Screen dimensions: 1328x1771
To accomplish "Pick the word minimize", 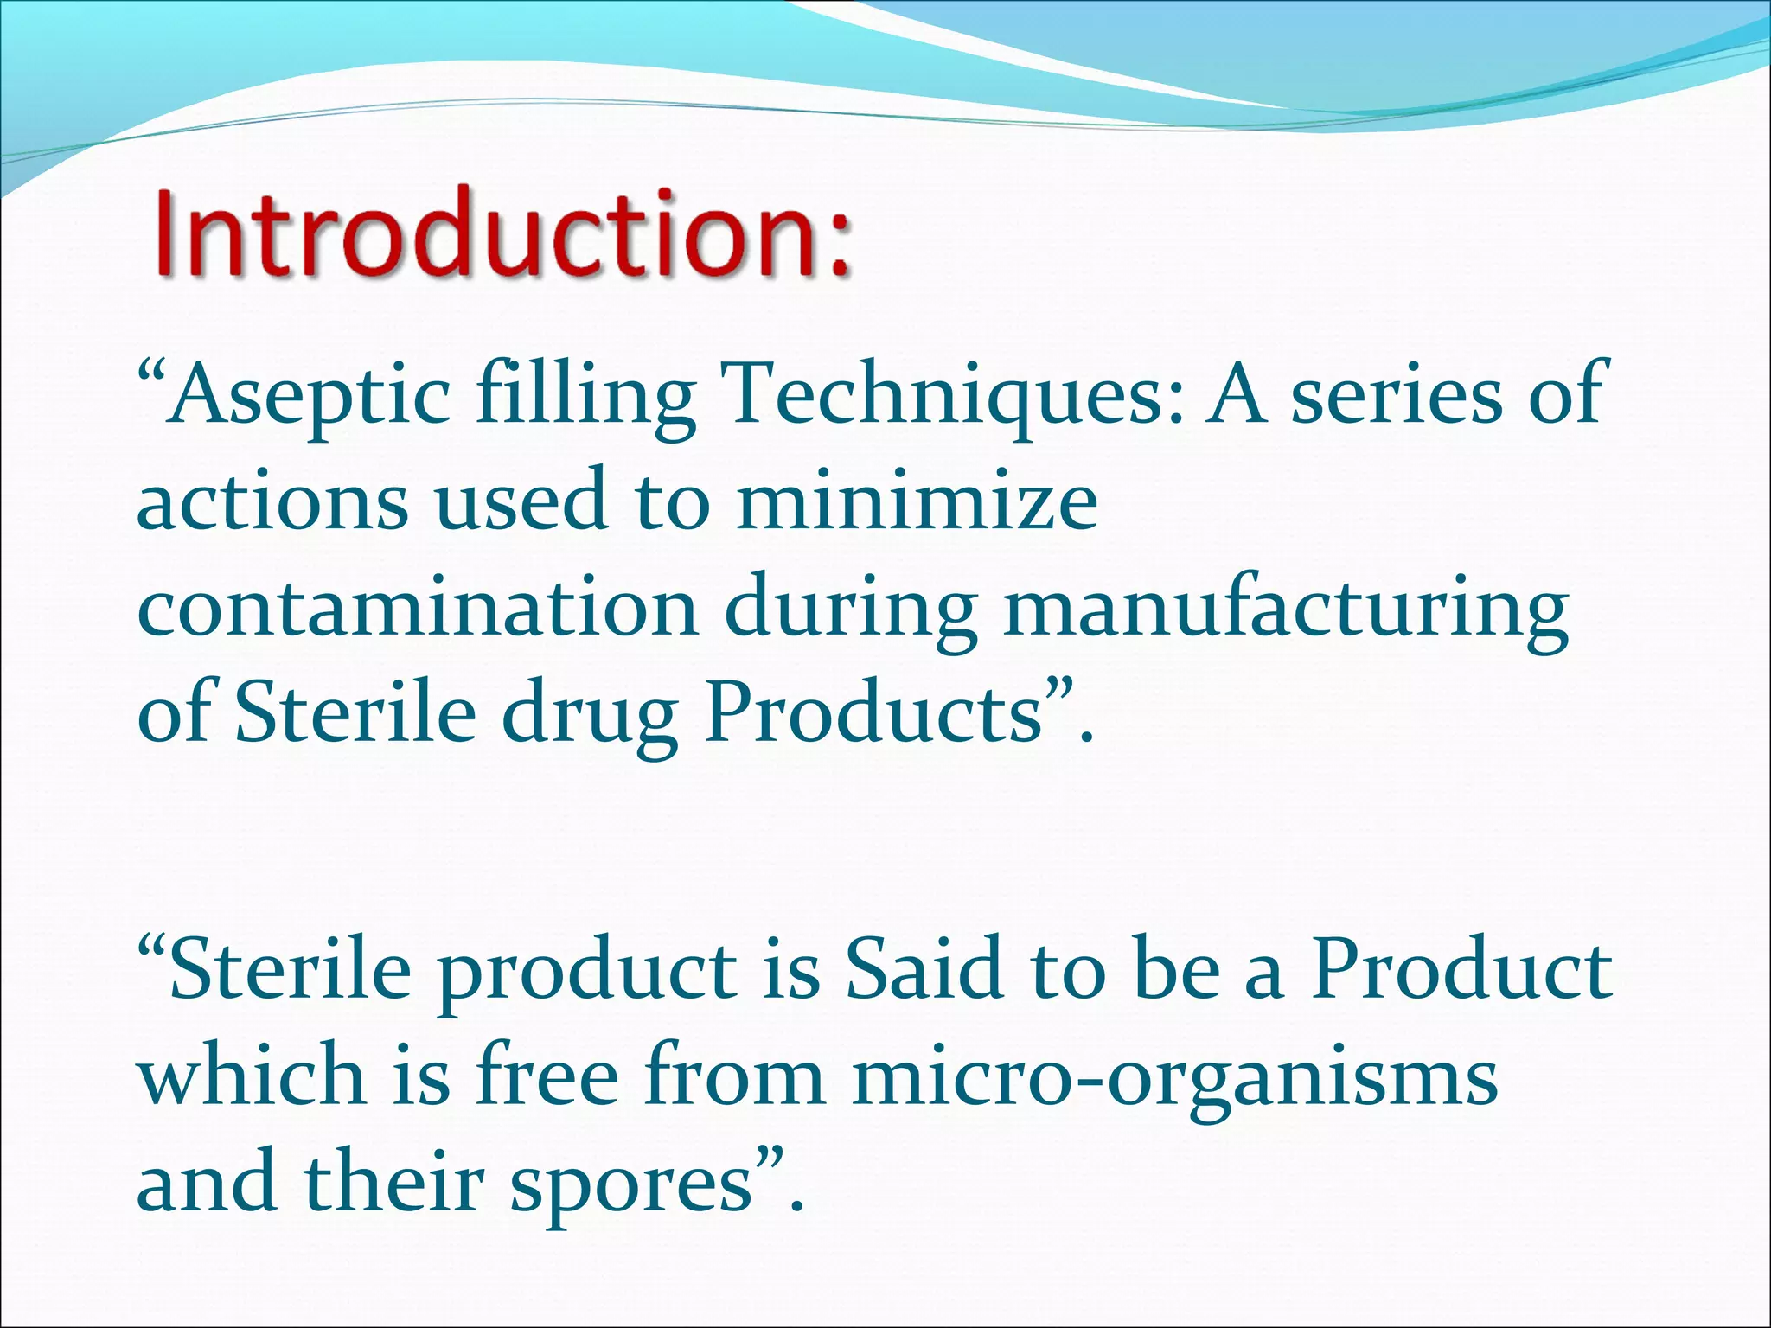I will [x=917, y=501].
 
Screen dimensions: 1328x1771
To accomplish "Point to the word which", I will [x=251, y=1076].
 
